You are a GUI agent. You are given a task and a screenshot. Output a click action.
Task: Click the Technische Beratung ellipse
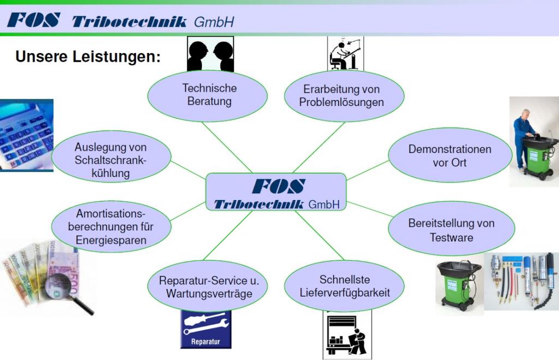(x=207, y=95)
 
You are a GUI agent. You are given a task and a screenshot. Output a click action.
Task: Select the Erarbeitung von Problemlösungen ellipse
(x=344, y=96)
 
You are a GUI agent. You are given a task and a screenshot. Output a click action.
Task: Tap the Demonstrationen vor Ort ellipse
(x=450, y=156)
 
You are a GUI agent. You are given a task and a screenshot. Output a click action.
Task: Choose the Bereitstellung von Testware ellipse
(x=451, y=230)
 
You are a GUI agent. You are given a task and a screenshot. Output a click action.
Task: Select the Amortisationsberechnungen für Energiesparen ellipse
(x=111, y=225)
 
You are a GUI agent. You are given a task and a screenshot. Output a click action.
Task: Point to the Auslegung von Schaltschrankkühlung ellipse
(x=111, y=160)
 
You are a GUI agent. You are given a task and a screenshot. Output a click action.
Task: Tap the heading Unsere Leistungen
(x=87, y=57)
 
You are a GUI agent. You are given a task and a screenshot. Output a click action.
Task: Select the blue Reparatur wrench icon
(x=205, y=329)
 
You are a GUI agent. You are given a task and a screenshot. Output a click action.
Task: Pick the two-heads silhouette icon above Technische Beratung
(x=210, y=54)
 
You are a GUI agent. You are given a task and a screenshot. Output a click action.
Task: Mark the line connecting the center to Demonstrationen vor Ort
(x=367, y=172)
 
